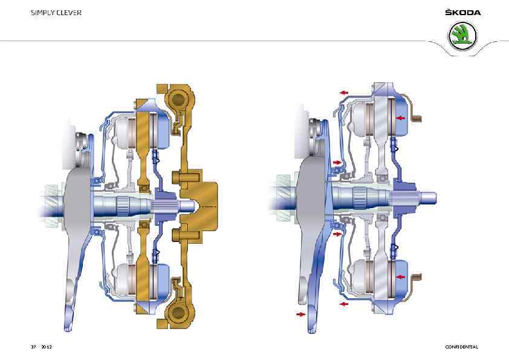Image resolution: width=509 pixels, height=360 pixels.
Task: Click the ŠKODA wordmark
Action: pyautogui.click(x=463, y=12)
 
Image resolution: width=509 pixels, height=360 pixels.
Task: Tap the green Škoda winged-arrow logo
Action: pyautogui.click(x=463, y=36)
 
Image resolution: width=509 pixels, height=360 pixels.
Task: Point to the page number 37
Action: pyautogui.click(x=33, y=347)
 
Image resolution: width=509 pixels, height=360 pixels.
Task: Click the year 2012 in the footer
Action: pyautogui.click(x=47, y=347)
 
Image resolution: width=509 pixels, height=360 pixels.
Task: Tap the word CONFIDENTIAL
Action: pyautogui.click(x=462, y=347)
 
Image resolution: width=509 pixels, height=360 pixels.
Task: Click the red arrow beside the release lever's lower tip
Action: pyautogui.click(x=301, y=314)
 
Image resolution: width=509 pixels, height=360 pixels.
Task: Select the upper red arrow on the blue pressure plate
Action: pyautogui.click(x=401, y=118)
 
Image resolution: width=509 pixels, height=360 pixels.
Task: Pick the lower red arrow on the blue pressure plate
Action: pyautogui.click(x=401, y=277)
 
